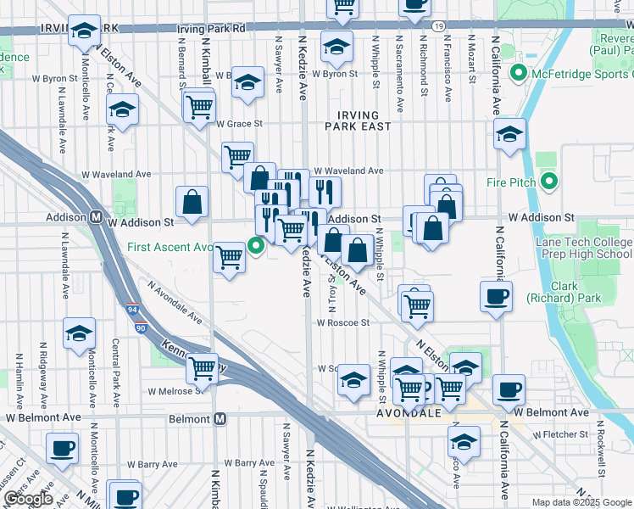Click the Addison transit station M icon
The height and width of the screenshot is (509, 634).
coord(97,217)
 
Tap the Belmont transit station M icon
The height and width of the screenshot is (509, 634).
coord(220,419)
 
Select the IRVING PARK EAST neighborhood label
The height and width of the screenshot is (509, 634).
coord(363,120)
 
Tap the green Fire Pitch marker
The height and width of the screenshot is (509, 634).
coord(549,181)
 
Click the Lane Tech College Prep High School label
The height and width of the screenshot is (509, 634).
coord(584,248)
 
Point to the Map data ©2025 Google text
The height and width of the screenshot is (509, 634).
coord(581,502)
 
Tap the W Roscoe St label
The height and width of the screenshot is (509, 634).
coord(343,322)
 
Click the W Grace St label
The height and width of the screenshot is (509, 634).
coord(240,123)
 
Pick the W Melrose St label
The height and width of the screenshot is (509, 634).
coord(175,391)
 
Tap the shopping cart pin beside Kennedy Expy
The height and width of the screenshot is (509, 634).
coord(203,367)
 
